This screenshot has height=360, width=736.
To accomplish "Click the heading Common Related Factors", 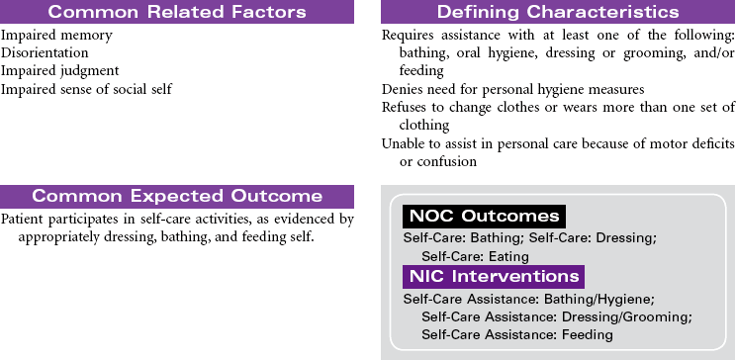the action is [x=176, y=12].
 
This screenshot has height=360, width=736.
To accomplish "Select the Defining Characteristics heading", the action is [x=558, y=12].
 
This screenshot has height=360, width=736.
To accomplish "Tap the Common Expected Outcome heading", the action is [x=177, y=196].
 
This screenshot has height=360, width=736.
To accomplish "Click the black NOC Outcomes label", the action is [x=484, y=217].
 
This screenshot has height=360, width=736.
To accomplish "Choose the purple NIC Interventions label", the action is [x=494, y=277].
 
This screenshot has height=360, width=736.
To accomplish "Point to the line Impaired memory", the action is [x=56, y=36].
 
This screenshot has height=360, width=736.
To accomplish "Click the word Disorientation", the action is [x=45, y=52].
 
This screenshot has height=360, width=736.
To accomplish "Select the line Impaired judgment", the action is [x=60, y=71].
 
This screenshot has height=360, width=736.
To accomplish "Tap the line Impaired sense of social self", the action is [x=86, y=88].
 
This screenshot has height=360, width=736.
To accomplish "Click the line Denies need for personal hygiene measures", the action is [x=513, y=89].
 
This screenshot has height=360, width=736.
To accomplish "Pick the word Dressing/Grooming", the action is [x=627, y=317].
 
